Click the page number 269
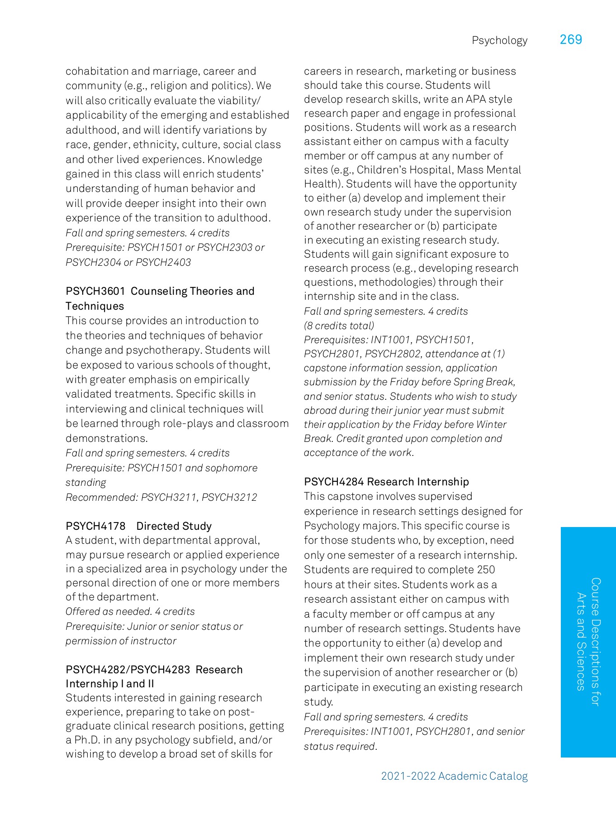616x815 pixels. (x=571, y=40)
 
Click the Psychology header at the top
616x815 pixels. (x=499, y=40)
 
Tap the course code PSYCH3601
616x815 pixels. (x=95, y=291)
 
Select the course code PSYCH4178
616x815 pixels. (x=95, y=526)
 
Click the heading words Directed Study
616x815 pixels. (x=174, y=526)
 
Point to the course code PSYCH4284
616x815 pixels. (x=334, y=482)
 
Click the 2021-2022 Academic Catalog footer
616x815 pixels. (x=454, y=776)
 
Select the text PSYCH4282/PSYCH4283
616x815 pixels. (x=128, y=670)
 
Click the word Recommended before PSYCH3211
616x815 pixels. (x=101, y=497)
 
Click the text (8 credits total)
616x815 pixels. (x=339, y=326)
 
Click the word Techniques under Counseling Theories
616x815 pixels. (x=95, y=306)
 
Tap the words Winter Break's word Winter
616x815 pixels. (x=491, y=424)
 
